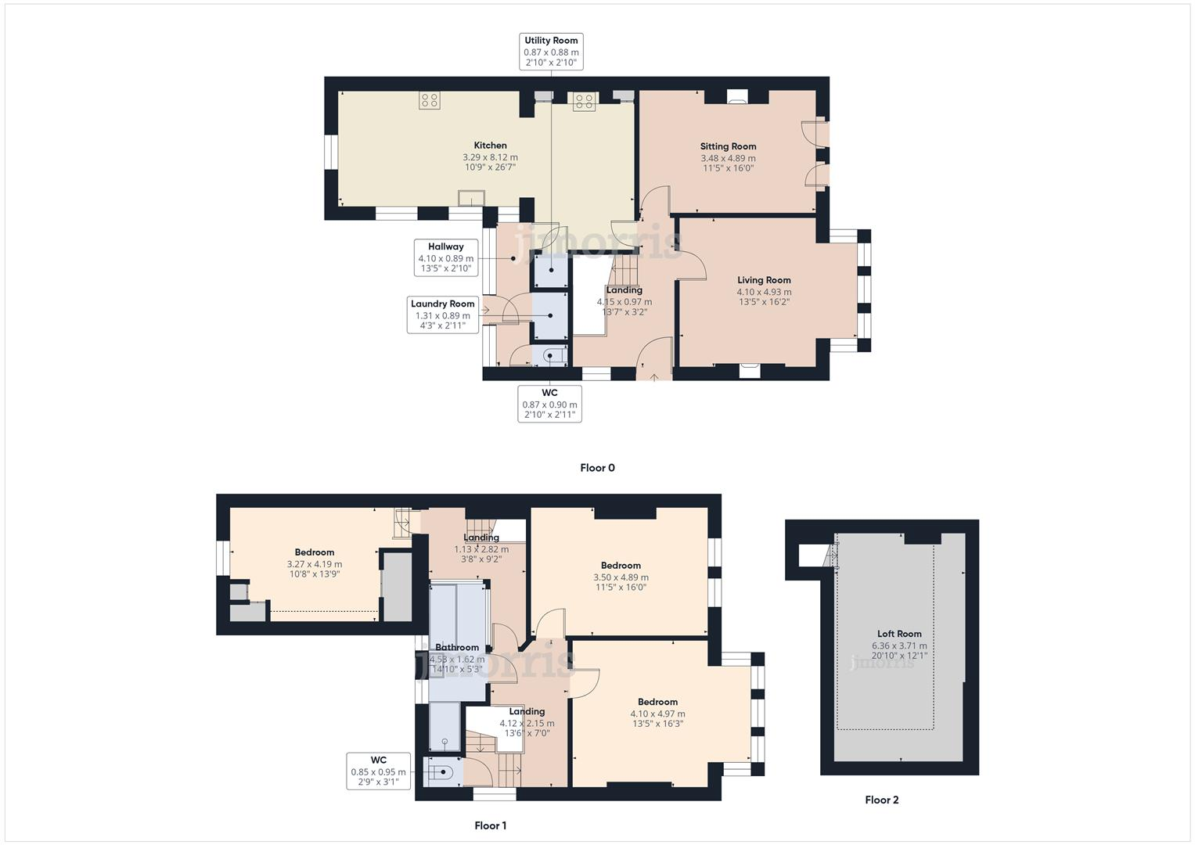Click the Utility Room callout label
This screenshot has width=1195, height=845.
[x=551, y=52]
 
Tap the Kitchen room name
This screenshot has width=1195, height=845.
[x=490, y=146]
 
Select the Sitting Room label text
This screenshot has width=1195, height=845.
[x=728, y=146]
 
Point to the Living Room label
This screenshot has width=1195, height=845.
[x=764, y=280]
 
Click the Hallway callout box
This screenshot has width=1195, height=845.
[x=445, y=257]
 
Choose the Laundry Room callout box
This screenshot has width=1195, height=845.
[x=443, y=315]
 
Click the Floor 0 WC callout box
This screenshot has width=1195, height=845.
[x=549, y=404]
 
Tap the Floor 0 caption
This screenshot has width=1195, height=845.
[x=597, y=468]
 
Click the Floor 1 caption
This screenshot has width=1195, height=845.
[x=491, y=825]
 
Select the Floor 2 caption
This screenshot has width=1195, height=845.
[x=882, y=800]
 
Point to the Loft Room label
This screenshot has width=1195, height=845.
[x=899, y=634]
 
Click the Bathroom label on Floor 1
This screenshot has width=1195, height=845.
[x=457, y=647]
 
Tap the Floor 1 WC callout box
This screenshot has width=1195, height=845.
[x=379, y=771]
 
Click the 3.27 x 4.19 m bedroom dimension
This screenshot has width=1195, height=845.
[x=315, y=564]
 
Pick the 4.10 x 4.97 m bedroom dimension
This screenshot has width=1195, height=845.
[x=657, y=714]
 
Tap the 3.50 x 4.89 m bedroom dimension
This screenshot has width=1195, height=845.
[x=621, y=577]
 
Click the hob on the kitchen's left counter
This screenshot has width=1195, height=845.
[x=429, y=100]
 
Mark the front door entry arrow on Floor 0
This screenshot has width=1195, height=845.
[x=654, y=376]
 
